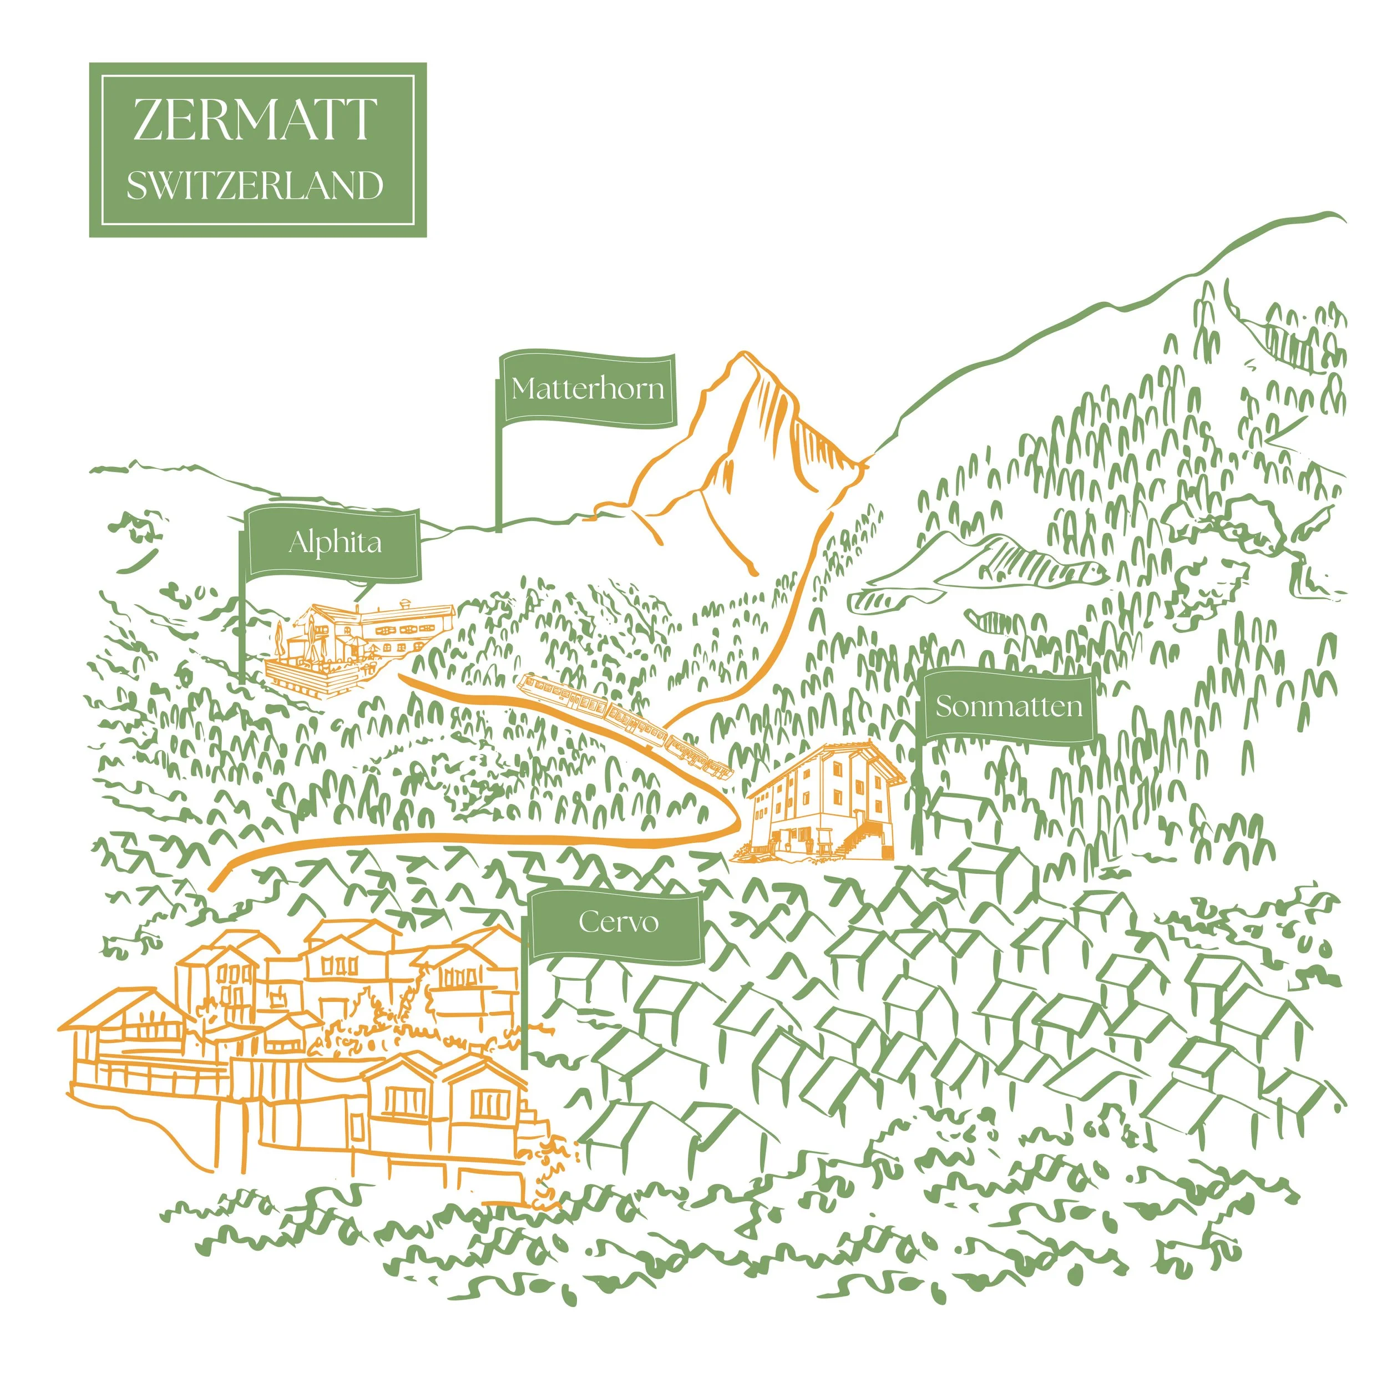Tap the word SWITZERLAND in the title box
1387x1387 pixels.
coord(255,185)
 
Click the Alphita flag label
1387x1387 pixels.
coord(335,542)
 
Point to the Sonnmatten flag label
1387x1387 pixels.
coord(1008,706)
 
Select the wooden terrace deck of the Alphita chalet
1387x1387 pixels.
coord(316,675)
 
